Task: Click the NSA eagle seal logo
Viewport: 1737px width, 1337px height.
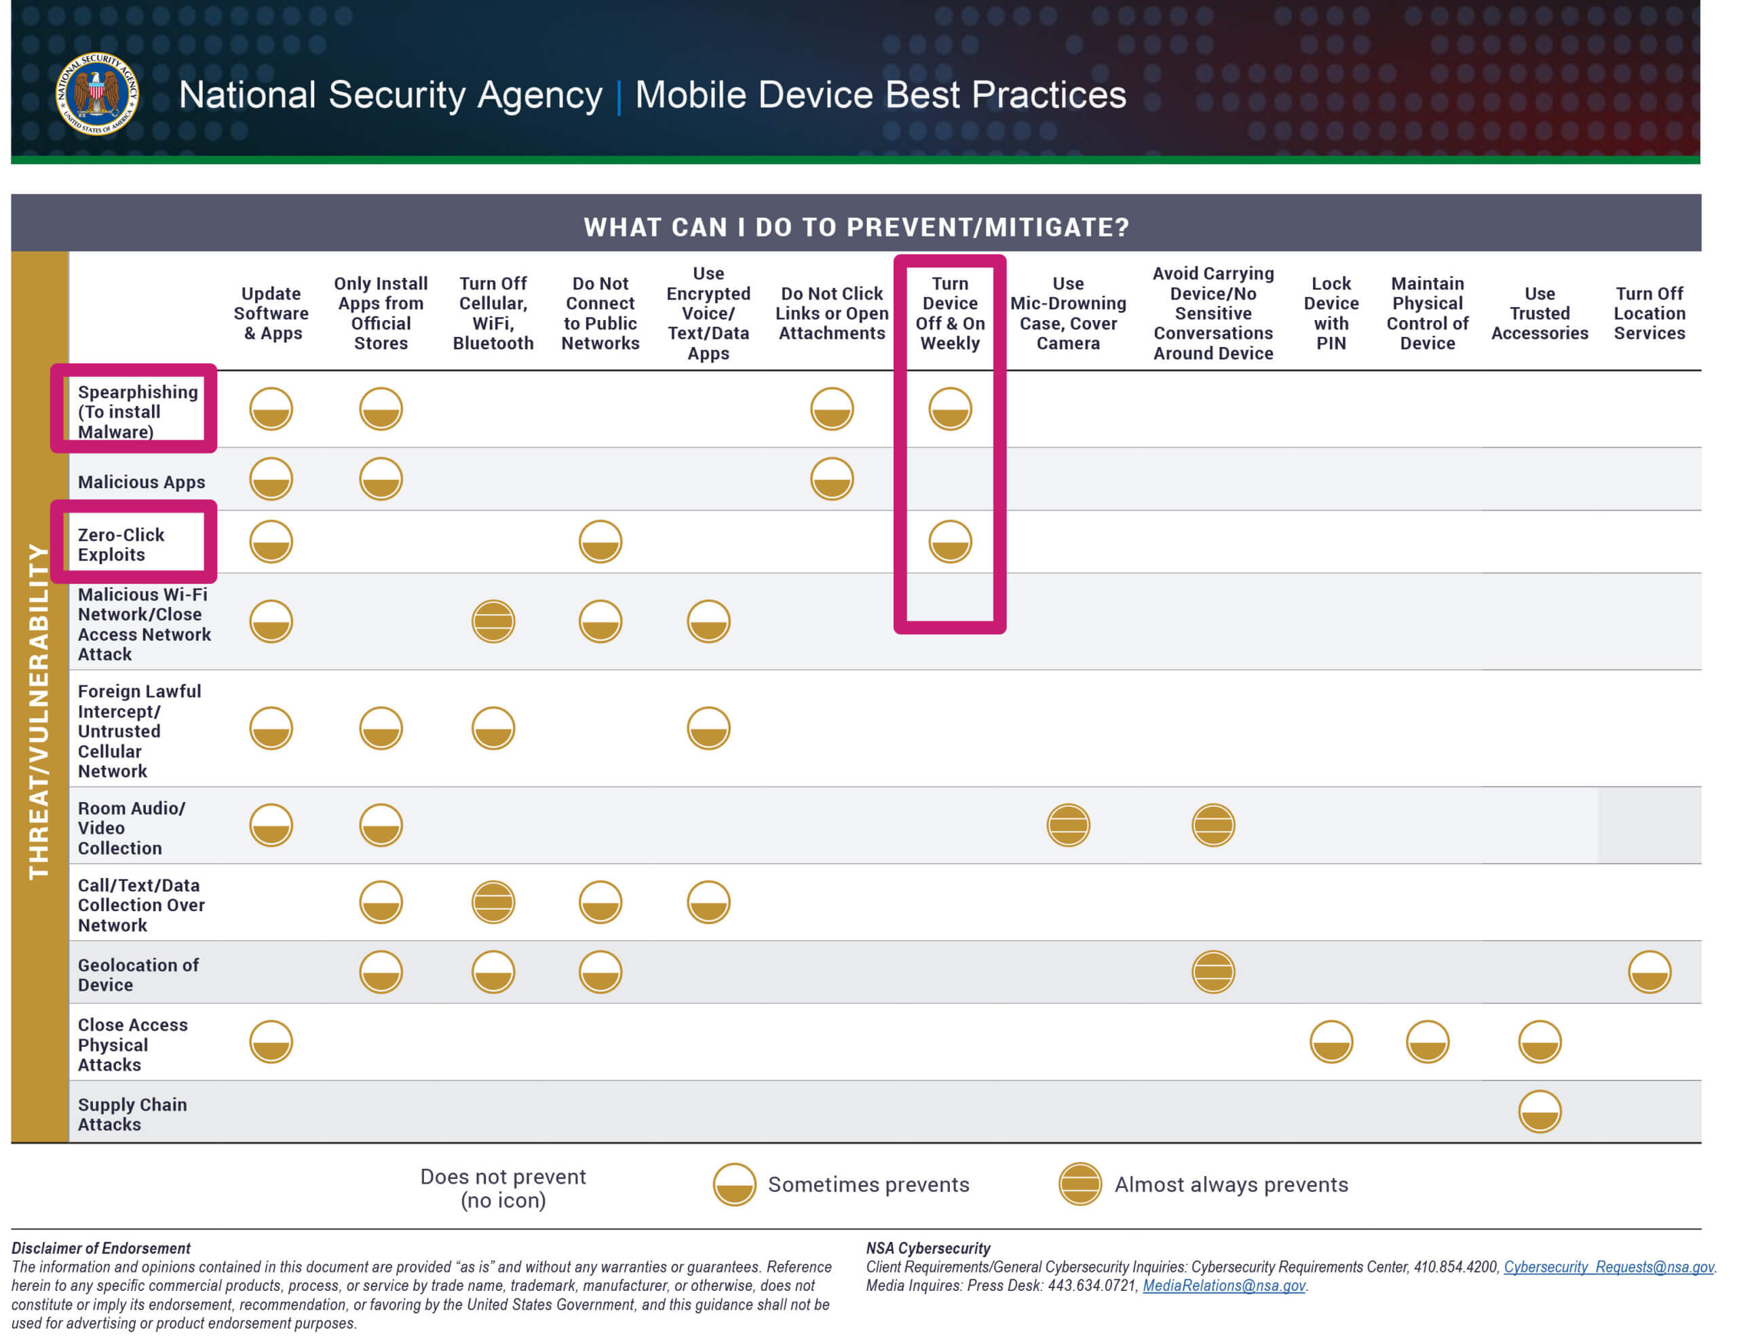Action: (97, 94)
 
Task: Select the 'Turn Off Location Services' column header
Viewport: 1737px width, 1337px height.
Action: (1649, 313)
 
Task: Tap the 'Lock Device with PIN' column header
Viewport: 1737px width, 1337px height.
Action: (1331, 313)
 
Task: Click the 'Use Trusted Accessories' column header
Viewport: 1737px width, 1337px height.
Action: (1540, 313)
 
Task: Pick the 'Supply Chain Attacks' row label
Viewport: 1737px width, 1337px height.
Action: (132, 1115)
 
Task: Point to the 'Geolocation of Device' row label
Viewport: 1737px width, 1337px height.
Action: (138, 974)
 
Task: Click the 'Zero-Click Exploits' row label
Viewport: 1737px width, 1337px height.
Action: (121, 544)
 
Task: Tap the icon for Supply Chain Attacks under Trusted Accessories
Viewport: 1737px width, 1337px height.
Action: (1540, 1111)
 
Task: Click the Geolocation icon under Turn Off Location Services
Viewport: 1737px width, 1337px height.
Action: (1649, 972)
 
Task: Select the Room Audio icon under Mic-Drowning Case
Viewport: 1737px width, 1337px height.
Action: (1068, 825)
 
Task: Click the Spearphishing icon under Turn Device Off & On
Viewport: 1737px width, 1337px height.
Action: (951, 410)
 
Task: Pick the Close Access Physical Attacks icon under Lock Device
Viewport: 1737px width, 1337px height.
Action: (1331, 1042)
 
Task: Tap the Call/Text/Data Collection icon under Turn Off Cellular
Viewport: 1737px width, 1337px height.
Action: (493, 902)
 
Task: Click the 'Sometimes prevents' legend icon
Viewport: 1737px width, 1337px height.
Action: (734, 1184)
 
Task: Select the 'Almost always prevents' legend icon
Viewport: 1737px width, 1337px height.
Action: (1080, 1184)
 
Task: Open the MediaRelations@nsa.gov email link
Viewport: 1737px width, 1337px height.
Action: (1224, 1285)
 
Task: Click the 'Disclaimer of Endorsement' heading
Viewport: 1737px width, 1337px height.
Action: (101, 1248)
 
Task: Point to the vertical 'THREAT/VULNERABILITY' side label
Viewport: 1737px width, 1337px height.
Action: (38, 711)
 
